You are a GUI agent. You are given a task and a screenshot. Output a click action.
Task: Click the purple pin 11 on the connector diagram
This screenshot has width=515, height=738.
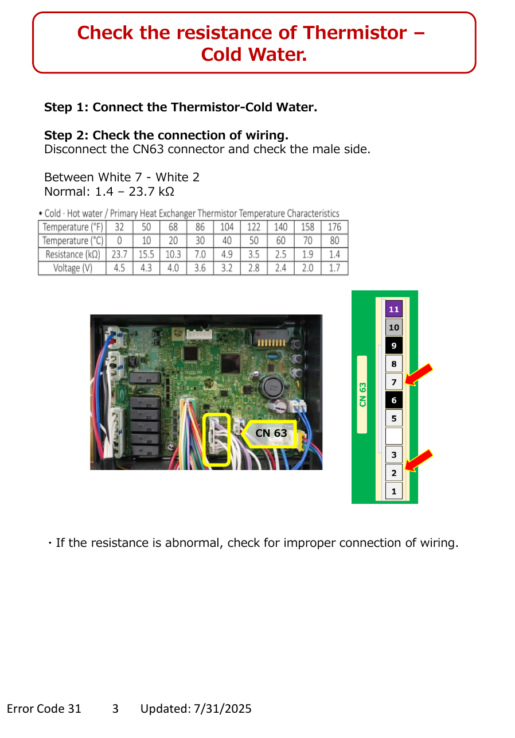(393, 309)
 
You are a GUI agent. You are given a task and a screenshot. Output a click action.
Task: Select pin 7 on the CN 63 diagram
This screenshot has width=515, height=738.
(393, 382)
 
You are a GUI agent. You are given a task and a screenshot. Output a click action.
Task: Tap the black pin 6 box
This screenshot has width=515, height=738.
(393, 400)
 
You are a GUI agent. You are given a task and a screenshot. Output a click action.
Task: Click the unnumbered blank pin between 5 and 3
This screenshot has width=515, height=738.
(393, 436)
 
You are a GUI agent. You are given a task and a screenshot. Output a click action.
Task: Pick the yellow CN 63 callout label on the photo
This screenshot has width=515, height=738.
(270, 433)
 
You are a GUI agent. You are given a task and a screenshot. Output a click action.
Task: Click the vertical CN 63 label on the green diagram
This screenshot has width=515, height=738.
(362, 394)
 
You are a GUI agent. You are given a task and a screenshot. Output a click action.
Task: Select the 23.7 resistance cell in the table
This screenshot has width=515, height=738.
(119, 254)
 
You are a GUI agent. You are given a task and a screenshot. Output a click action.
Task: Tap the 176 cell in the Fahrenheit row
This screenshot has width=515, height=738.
(334, 227)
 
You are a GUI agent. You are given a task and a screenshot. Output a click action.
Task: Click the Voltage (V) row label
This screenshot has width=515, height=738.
(72, 268)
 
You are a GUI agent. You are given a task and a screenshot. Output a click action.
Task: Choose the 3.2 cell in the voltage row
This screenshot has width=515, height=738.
(227, 268)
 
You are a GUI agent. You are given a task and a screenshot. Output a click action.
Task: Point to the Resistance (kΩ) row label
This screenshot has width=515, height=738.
(72, 254)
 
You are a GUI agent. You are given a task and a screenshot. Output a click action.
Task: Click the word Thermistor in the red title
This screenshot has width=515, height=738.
(354, 33)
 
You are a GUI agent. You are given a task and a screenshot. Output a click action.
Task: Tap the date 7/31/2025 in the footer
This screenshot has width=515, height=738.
(223, 708)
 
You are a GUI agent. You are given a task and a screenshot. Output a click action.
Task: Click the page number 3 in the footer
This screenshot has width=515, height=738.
(115, 708)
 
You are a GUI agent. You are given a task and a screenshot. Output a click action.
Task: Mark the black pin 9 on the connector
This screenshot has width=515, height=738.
(393, 345)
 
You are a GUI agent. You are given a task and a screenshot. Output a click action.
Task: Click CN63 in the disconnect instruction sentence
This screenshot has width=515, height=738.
(148, 149)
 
